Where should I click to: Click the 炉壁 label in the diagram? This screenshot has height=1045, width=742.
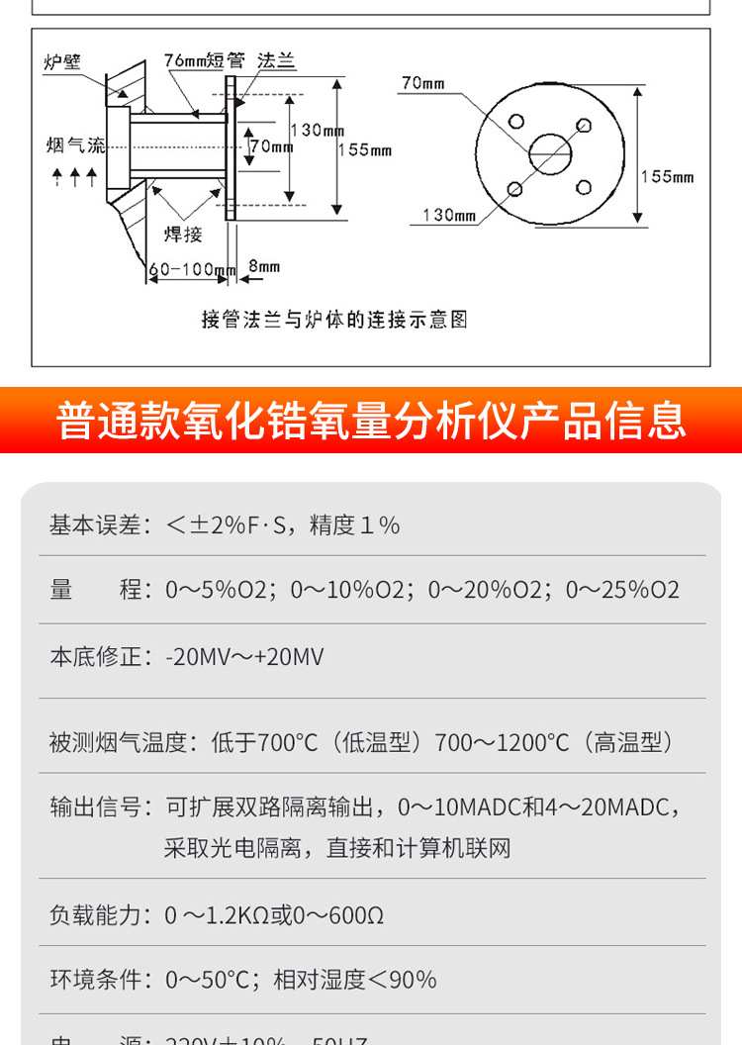pyautogui.click(x=61, y=61)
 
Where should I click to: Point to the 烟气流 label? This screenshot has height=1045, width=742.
pyautogui.click(x=75, y=145)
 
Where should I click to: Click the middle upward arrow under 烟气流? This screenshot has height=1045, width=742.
pyautogui.click(x=75, y=177)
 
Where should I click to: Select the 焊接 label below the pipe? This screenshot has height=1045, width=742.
pyautogui.click(x=183, y=235)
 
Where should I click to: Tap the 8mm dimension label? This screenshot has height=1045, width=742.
pyautogui.click(x=264, y=266)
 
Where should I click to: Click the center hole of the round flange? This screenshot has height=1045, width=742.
pyautogui.click(x=550, y=153)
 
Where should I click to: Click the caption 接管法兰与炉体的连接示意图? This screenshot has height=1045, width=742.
pyautogui.click(x=334, y=320)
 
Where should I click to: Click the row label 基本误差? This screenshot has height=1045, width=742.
pyautogui.click(x=96, y=524)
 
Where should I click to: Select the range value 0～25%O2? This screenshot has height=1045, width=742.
pyautogui.click(x=622, y=590)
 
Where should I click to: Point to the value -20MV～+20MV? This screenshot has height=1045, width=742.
pyautogui.click(x=244, y=657)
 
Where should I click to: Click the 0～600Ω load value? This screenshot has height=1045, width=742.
pyautogui.click(x=340, y=915)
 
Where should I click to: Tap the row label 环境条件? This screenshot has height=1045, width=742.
pyautogui.click(x=96, y=980)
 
